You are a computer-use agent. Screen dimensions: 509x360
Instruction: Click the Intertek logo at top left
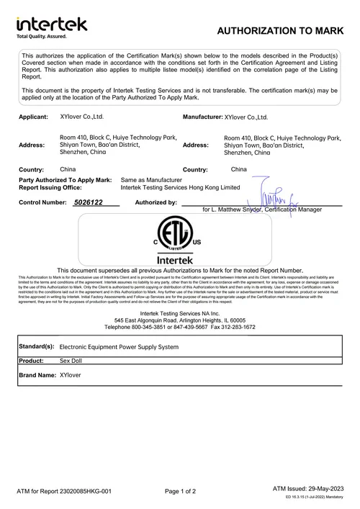51,24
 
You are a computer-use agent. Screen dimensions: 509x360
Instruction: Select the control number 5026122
89,203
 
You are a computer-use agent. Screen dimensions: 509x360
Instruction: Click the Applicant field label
34,116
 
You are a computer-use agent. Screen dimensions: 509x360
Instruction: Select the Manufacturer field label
202,116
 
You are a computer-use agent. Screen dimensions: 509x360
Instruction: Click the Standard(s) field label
37,346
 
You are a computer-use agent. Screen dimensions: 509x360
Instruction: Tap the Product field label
32,361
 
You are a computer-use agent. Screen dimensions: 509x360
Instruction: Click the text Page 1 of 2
180,492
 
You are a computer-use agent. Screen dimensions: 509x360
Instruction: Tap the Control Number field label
42,203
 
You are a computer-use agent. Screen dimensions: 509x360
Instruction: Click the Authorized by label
156,203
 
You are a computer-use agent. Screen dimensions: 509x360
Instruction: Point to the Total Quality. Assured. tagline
42,35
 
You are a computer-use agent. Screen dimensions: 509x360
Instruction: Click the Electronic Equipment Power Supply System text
119,346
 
